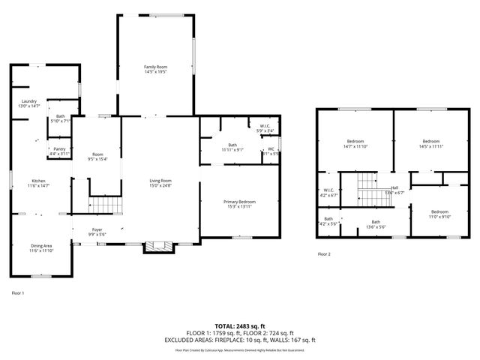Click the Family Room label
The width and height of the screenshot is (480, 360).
pos(155,70)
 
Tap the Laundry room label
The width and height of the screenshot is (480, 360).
pos(29,103)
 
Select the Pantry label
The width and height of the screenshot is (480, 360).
pos(59,151)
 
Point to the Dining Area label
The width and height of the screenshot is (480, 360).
pos(41,248)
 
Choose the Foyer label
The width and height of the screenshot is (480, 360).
pos(97,232)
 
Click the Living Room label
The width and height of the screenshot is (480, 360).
pos(160,182)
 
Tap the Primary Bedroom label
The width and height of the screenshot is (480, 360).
pos(239,204)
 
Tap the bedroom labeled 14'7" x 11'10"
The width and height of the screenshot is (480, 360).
pos(355,144)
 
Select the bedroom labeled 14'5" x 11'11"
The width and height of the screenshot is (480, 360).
pos(430,144)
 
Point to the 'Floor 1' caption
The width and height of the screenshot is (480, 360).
pos(18,292)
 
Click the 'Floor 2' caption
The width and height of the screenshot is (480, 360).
pos(324,255)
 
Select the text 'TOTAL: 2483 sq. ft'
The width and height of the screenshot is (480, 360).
pos(240,326)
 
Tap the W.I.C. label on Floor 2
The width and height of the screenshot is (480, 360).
pos(328,192)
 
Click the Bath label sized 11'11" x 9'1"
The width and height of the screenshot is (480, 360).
pos(232,147)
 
